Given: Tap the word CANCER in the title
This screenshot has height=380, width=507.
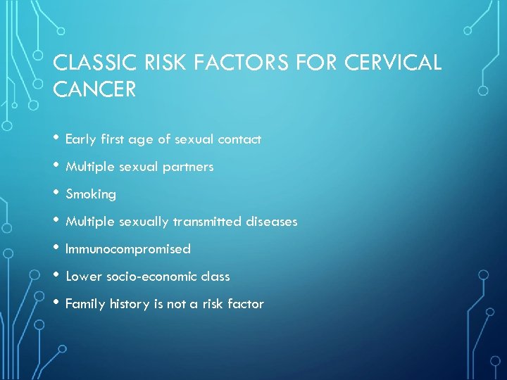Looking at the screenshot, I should tap(95, 90).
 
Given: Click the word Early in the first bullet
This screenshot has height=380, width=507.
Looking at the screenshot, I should tap(80, 139).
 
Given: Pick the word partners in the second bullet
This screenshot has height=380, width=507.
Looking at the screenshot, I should tap(190, 167).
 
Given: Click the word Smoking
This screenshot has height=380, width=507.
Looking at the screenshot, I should tap(91, 194).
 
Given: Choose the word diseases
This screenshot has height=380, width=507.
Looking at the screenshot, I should tap(272, 222).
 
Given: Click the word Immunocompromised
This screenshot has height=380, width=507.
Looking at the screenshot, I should tap(128, 249).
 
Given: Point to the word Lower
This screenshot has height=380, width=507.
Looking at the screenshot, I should tap(84, 277).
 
